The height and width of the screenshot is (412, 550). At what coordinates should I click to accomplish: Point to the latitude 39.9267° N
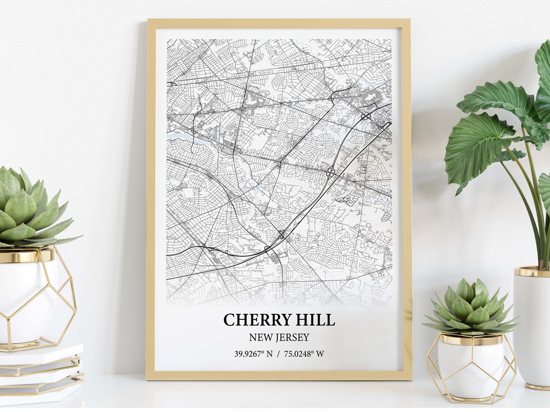coord(254,354)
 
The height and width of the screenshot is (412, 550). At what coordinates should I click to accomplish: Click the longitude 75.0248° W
coord(304,354)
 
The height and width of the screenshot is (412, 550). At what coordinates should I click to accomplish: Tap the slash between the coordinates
coord(279,354)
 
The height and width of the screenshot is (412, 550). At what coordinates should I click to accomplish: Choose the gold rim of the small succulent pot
coord(470,339)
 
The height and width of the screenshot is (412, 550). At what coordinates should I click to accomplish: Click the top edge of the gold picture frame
coord(279,23)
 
